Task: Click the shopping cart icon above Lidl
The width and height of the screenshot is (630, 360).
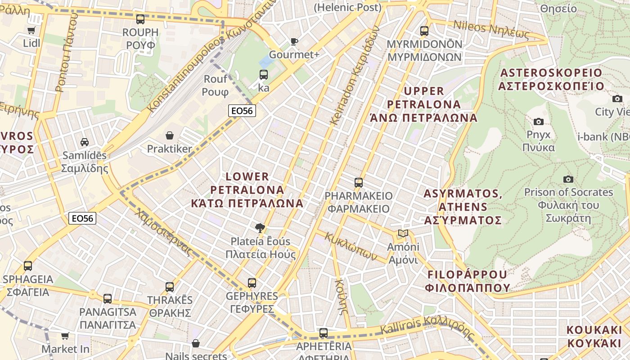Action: pos(31,30)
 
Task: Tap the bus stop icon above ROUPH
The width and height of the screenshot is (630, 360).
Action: pos(140,19)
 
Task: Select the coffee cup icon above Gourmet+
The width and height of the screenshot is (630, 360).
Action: pos(294,41)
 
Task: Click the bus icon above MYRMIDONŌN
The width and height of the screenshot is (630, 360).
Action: pos(424,31)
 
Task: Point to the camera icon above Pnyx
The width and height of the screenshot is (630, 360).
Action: pos(538,121)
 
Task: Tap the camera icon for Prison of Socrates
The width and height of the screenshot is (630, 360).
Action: pos(568,179)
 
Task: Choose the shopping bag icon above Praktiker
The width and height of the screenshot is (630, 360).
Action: pos(170,135)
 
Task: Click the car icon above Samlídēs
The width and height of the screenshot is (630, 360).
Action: pos(84,142)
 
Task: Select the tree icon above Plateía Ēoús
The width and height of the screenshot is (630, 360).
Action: pos(260,228)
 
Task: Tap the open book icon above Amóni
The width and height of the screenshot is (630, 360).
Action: pos(403,234)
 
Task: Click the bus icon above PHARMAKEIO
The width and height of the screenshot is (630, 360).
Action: pos(358,182)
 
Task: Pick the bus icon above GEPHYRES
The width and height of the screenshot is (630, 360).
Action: pos(252,283)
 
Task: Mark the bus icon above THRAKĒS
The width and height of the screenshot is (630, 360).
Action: pos(170,287)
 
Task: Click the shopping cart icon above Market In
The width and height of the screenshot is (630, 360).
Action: pos(65,336)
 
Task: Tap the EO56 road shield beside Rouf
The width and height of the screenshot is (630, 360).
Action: pos(242,111)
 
